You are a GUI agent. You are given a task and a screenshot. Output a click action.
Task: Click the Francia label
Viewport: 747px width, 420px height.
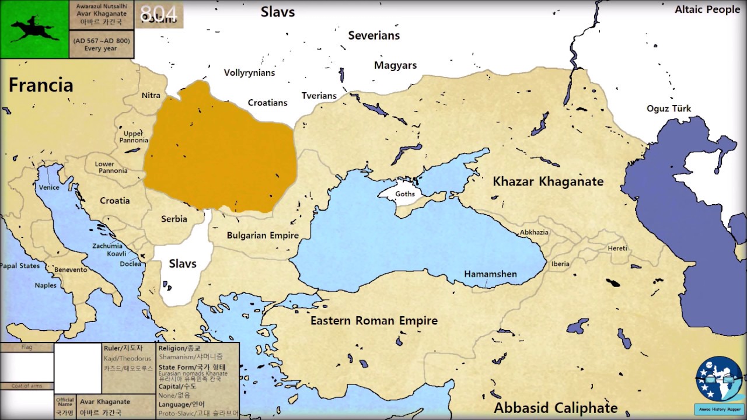41,85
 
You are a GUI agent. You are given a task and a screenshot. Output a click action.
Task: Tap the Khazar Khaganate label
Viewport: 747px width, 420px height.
548,181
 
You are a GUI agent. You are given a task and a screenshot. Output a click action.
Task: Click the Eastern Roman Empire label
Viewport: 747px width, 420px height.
373,321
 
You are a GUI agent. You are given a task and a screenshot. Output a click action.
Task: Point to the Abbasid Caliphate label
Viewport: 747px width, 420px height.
556,407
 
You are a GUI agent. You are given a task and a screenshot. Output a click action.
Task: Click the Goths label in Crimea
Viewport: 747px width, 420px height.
405,194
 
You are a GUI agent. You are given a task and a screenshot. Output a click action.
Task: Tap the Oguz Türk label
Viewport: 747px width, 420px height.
669,108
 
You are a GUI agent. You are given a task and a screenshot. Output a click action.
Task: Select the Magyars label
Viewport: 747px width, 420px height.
395,65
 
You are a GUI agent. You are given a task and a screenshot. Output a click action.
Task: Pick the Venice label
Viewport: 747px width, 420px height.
49,188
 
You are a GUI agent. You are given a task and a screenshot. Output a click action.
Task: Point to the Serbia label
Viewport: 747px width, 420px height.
174,219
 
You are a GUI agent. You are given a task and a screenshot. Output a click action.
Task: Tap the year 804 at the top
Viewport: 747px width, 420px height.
159,14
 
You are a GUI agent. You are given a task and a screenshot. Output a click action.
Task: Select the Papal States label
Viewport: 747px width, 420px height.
20,266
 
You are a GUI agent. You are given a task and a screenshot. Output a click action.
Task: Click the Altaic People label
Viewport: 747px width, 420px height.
707,9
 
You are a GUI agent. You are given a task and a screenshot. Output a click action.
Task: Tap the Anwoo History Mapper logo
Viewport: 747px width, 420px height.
718,381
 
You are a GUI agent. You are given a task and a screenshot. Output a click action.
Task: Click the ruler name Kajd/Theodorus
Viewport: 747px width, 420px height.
127,358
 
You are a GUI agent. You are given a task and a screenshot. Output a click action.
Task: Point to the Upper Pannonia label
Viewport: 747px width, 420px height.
134,136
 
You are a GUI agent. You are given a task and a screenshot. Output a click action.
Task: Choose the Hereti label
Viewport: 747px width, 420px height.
617,249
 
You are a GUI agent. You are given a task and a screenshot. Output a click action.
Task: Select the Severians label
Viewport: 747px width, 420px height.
373,36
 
